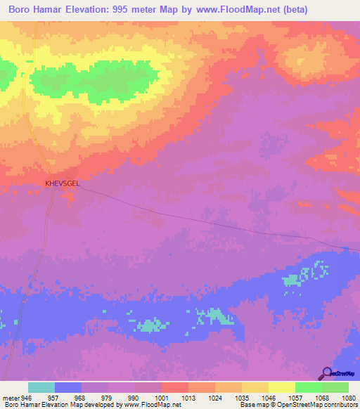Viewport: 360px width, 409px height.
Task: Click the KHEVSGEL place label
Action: (x=62, y=183)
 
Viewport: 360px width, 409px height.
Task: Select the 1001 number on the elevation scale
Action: (x=162, y=397)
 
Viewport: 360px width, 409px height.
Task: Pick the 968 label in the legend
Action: (x=82, y=397)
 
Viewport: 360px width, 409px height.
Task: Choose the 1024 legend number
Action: (x=215, y=397)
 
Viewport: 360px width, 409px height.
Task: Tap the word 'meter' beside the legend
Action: (x=10, y=397)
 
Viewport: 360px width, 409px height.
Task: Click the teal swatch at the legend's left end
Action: (x=41, y=387)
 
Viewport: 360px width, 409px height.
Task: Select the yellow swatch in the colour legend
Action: (x=281, y=387)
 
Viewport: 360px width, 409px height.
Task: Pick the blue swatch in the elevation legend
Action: (x=68, y=387)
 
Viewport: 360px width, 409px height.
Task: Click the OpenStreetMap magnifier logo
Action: (x=326, y=373)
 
